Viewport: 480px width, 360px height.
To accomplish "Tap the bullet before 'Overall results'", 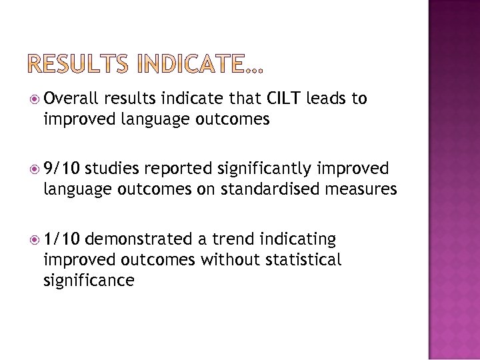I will click(35, 99).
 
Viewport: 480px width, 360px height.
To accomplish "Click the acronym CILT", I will click(285, 99).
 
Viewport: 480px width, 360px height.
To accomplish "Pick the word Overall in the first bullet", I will click(71, 99).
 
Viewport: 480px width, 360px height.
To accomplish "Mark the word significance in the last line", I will click(89, 280).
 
